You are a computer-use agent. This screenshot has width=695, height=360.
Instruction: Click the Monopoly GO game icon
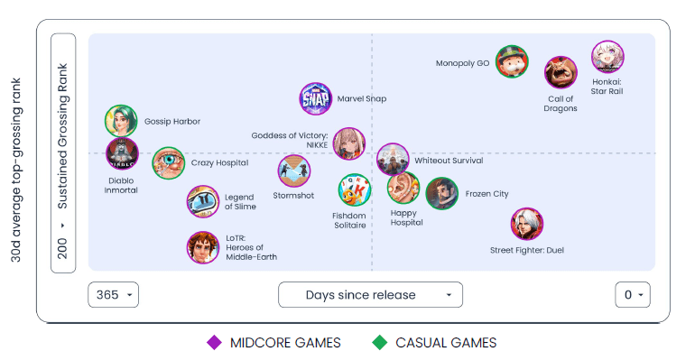512,61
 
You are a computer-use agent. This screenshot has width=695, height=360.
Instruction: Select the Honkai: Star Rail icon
607,56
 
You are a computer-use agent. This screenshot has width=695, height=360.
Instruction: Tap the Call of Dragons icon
561,73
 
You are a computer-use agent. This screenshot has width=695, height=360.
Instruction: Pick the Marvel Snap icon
317,98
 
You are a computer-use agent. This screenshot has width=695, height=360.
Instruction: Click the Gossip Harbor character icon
121,121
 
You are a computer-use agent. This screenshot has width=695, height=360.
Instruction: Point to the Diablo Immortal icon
122,153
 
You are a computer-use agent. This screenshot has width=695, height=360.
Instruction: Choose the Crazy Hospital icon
168,163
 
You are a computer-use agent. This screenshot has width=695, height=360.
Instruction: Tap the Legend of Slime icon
202,202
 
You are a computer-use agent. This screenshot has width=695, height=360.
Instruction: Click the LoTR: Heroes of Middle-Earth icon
202,247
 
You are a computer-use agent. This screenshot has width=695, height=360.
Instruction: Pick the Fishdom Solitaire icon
354,190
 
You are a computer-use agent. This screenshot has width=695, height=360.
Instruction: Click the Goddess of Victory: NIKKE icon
349,143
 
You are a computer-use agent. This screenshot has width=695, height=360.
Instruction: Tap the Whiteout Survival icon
393,160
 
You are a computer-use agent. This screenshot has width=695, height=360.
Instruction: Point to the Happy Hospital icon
403,188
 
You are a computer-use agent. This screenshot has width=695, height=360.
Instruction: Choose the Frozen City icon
441,193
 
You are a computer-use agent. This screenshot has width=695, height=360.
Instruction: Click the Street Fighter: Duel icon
526,225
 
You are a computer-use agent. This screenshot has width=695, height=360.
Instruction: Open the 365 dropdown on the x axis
114,295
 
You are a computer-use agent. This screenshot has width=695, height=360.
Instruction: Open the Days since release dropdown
370,295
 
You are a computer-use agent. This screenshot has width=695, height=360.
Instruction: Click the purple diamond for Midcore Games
215,342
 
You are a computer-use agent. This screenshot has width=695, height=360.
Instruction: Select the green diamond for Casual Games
380,342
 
